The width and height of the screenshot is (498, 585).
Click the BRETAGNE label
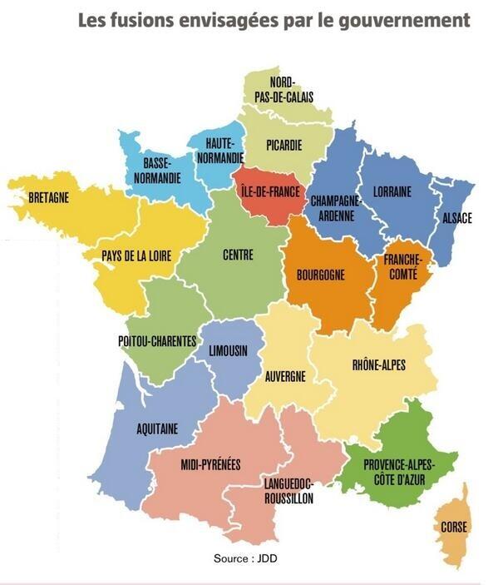48,198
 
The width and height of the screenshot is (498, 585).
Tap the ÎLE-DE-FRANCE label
269,191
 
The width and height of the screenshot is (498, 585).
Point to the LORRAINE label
392,191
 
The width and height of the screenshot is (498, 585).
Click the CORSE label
454,527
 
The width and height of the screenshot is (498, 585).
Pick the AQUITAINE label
158,429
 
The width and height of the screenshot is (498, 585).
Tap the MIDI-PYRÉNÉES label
210,464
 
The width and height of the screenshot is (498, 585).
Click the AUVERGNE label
285,376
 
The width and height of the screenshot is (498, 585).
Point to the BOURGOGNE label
320,272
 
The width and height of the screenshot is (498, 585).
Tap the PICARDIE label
284,146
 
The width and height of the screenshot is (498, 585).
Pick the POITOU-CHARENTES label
157,340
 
